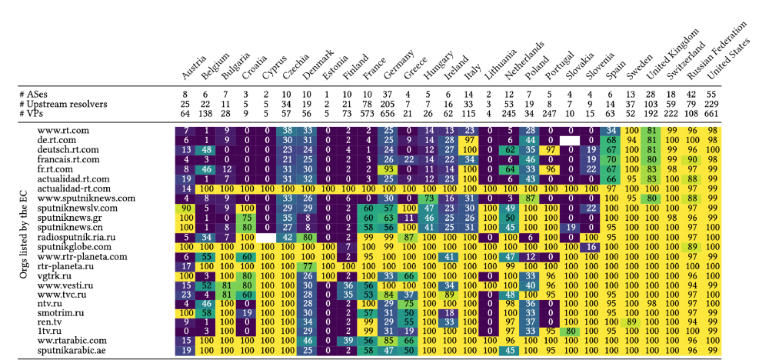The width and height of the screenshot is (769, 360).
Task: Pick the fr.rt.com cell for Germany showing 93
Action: point(389,168)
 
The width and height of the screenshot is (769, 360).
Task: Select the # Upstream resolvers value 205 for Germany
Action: point(389,104)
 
